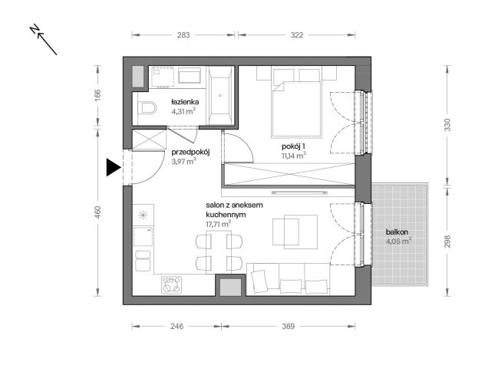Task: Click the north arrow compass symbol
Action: [45, 40]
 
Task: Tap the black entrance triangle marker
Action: [113, 167]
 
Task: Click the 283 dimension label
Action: [184, 34]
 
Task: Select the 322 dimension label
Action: [297, 34]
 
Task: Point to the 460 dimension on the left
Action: [97, 212]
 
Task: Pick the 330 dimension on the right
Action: [447, 124]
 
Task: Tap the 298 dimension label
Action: [447, 242]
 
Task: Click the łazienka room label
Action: [185, 101]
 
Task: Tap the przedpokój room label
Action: [190, 152]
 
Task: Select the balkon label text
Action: [397, 232]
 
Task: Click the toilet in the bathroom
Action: [147, 107]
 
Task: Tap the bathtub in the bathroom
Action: [223, 97]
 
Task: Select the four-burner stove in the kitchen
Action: [173, 285]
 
